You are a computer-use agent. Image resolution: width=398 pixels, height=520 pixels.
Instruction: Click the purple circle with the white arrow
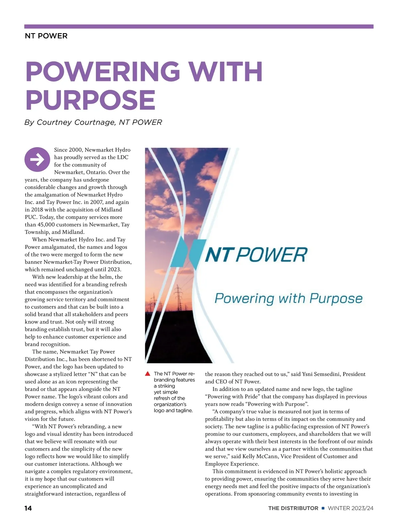click(x=37, y=159)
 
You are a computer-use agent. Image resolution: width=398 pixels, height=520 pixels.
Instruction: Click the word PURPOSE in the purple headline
click(x=91, y=100)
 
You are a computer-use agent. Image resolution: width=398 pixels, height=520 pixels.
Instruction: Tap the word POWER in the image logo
click(x=272, y=255)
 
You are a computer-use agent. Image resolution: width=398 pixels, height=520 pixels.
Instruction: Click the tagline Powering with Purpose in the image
click(x=288, y=298)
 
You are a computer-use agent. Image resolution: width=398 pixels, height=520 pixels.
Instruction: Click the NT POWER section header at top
click(x=46, y=36)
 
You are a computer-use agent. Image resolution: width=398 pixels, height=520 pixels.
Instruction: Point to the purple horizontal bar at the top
click(x=199, y=27)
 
